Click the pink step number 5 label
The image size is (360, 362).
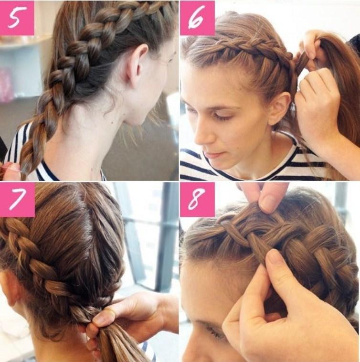pos(17,18)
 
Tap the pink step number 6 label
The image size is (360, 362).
pos(198,18)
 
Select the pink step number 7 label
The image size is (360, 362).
pos(17,200)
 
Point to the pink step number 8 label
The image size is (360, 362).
pos(198,200)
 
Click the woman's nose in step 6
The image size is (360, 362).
pos(203,134)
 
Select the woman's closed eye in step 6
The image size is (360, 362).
pos(222,117)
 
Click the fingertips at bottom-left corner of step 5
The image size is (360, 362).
pos(9,171)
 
